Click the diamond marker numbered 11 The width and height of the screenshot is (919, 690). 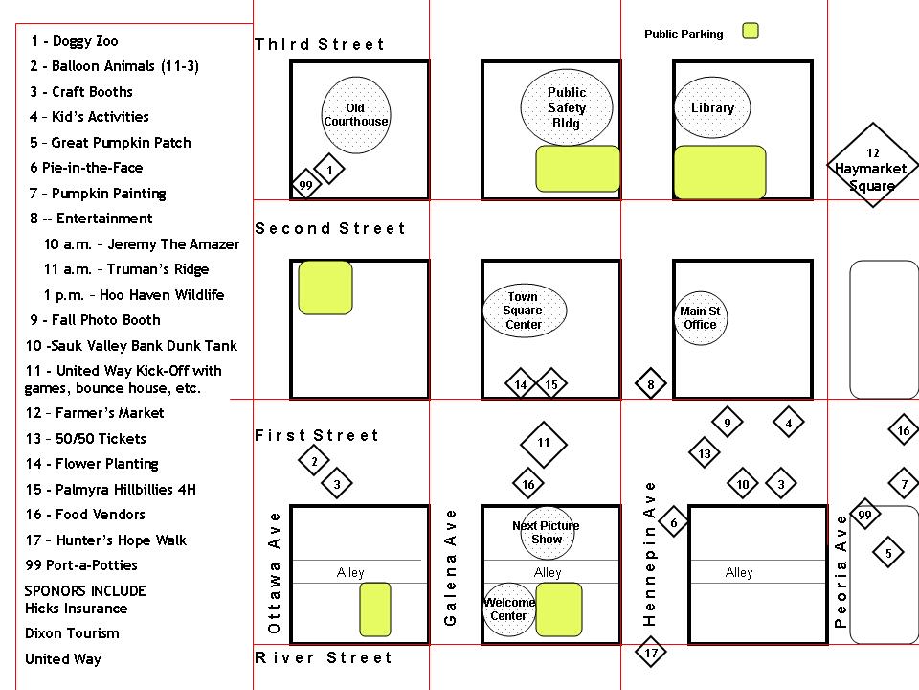[x=544, y=444]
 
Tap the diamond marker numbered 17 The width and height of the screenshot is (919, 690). [x=651, y=655]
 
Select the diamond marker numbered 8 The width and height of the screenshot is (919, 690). [x=651, y=385]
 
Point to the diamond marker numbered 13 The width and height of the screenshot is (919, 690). [x=705, y=453]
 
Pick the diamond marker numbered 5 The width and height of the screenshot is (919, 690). [x=888, y=553]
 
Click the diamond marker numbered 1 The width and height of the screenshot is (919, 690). [x=329, y=171]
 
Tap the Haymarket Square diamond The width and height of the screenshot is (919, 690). [x=872, y=165]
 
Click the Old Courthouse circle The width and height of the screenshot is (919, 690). [x=355, y=115]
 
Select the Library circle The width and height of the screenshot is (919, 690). [x=712, y=108]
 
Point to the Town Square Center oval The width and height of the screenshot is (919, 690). [x=524, y=310]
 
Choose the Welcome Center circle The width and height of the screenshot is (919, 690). [x=509, y=609]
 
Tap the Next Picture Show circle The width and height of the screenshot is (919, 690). [x=547, y=532]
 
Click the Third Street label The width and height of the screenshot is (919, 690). [x=319, y=45]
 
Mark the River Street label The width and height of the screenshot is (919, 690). [x=324, y=658]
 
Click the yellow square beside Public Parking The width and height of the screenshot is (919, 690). [x=751, y=32]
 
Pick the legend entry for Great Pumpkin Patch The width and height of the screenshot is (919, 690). [x=110, y=143]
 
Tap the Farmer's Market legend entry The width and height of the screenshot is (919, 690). [x=95, y=413]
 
